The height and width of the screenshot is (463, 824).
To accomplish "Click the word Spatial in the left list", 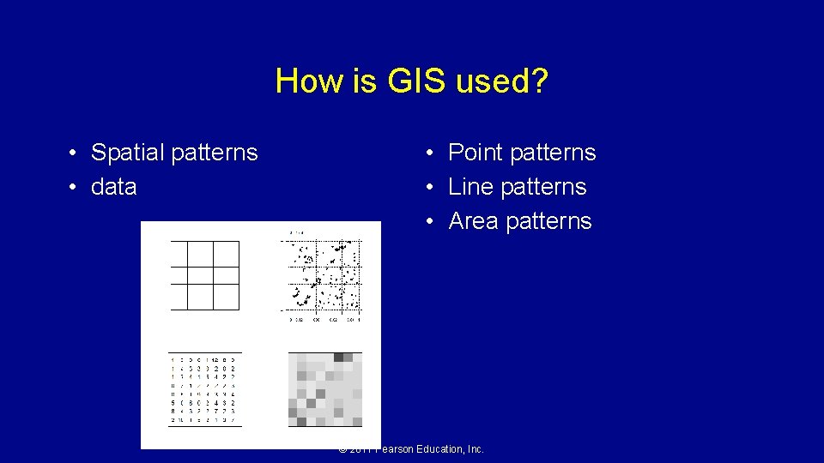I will pyautogui.click(x=128, y=153).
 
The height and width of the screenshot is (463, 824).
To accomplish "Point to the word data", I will pyautogui.click(x=114, y=187).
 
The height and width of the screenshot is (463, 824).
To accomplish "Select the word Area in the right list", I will pyautogui.click(x=473, y=221).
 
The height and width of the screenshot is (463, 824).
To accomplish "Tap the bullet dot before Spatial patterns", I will pyautogui.click(x=76, y=153).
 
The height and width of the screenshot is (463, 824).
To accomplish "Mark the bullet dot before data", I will pyautogui.click(x=76, y=188).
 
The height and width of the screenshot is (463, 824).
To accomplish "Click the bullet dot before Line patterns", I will pyautogui.click(x=433, y=188).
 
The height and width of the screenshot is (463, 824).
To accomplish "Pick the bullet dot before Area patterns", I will pyautogui.click(x=433, y=222).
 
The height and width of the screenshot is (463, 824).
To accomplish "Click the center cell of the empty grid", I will pyautogui.click(x=200, y=275).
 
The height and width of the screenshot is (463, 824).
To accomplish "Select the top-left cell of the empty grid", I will pyautogui.click(x=179, y=254).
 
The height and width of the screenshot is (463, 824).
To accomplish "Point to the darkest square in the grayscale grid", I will pyautogui.click(x=338, y=358).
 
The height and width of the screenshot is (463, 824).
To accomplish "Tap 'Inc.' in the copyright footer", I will pyautogui.click(x=475, y=449).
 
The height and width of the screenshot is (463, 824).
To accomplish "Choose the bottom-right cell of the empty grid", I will pyautogui.click(x=226, y=297).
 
